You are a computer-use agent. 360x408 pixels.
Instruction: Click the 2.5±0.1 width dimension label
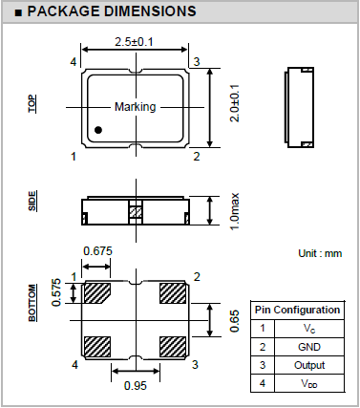(x=134, y=42)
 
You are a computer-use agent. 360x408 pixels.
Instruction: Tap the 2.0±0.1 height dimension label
(x=235, y=103)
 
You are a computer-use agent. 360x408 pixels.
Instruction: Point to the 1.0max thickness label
(x=235, y=211)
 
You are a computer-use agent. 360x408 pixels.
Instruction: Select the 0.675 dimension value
(x=97, y=251)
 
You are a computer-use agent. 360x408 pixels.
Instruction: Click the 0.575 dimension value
(x=56, y=292)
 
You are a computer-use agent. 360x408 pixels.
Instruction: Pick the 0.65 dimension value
(x=235, y=321)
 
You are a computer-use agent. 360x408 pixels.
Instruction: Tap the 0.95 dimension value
(x=136, y=386)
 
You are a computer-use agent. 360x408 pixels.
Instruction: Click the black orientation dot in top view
(x=98, y=130)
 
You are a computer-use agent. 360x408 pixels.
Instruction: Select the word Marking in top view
(x=136, y=107)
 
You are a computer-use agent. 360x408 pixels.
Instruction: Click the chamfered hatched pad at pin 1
(x=96, y=293)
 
